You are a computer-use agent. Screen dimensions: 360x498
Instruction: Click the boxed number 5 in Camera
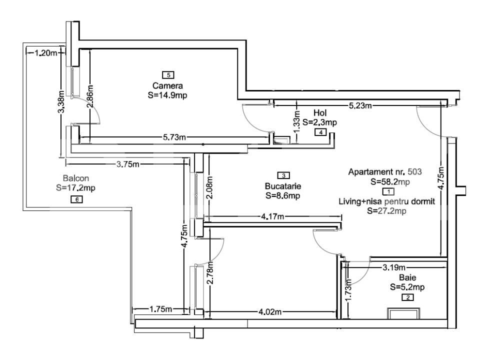click(169, 75)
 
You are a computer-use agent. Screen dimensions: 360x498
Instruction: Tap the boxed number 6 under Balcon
click(76, 199)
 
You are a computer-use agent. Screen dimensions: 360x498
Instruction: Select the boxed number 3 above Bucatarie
click(283, 175)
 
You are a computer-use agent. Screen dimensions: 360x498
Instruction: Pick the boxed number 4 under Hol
click(319, 132)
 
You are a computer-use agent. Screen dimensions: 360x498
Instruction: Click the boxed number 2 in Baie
click(408, 297)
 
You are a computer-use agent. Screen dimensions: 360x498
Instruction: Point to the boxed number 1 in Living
click(388, 191)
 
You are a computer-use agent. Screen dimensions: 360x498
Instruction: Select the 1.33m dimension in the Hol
click(296, 123)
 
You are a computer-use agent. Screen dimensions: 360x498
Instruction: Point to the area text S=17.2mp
click(75, 188)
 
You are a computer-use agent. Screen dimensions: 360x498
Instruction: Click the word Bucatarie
click(283, 186)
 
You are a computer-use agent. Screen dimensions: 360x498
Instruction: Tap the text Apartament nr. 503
click(385, 171)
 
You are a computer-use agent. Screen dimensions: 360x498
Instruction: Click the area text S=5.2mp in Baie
click(408, 287)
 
